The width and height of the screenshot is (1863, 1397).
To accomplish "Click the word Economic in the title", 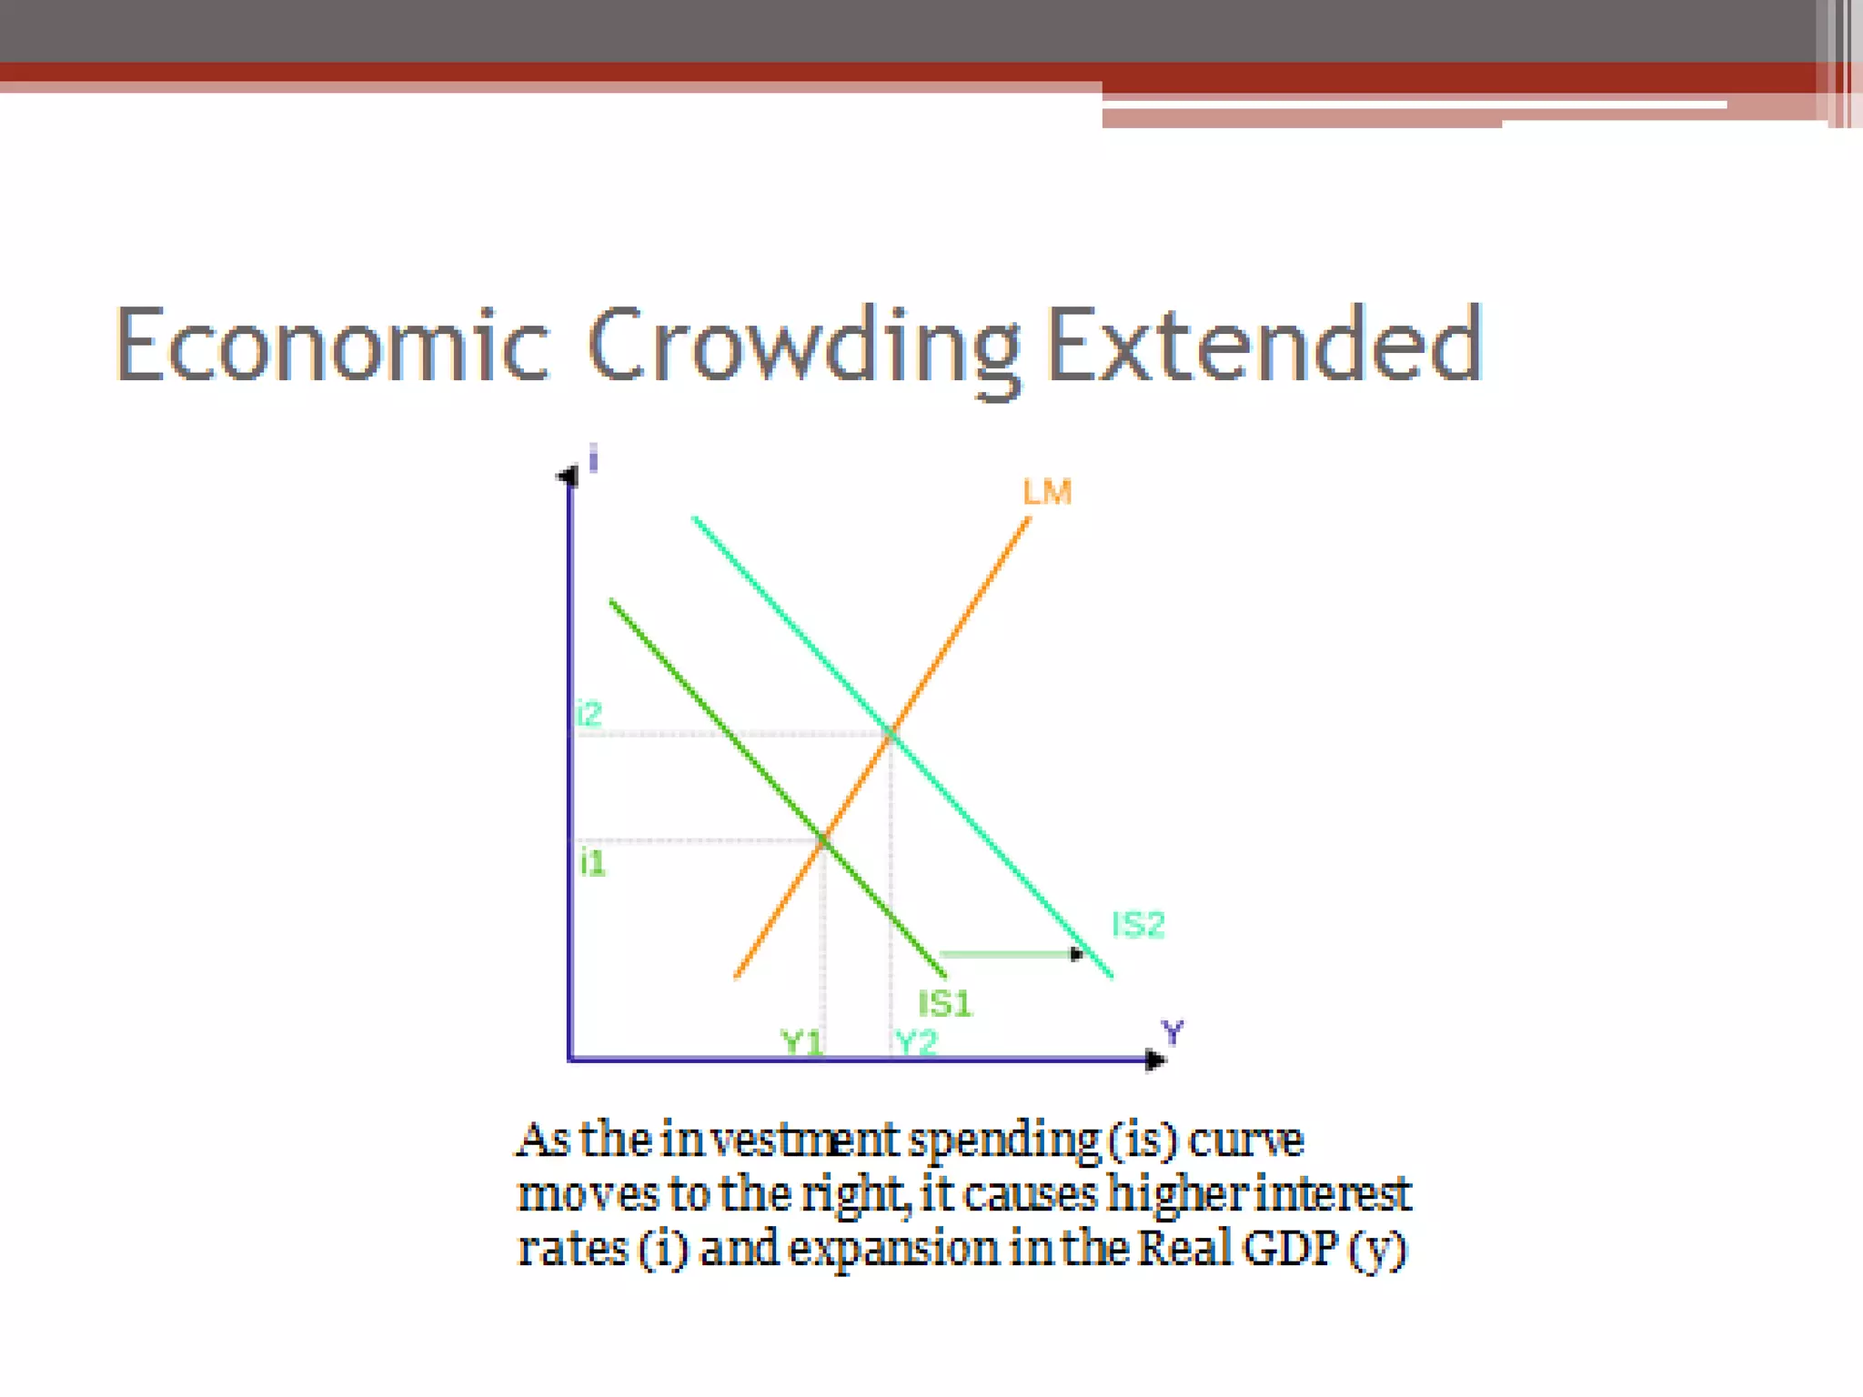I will [x=332, y=346].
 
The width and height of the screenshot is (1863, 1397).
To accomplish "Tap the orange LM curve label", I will [x=1047, y=492].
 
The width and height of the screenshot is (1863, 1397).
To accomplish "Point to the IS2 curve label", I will [x=1138, y=925].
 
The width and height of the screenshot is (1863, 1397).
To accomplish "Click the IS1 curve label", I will [x=945, y=1004].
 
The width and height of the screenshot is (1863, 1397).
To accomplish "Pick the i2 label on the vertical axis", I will [x=589, y=714].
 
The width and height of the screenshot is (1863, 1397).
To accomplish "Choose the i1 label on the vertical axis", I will [x=592, y=862].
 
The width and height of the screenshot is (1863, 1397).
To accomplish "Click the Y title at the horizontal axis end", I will [x=1173, y=1032].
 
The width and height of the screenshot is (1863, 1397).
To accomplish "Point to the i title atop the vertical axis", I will [x=593, y=458].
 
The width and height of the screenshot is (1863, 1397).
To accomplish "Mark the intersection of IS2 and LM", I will [x=891, y=733].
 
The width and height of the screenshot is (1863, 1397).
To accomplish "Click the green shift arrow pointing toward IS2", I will [x=1010, y=954].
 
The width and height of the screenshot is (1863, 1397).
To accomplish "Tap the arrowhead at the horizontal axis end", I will [x=1155, y=1060].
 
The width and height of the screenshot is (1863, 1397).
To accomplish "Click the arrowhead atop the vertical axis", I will [x=569, y=476].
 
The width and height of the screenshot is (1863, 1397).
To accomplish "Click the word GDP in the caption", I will [x=1291, y=1249].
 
